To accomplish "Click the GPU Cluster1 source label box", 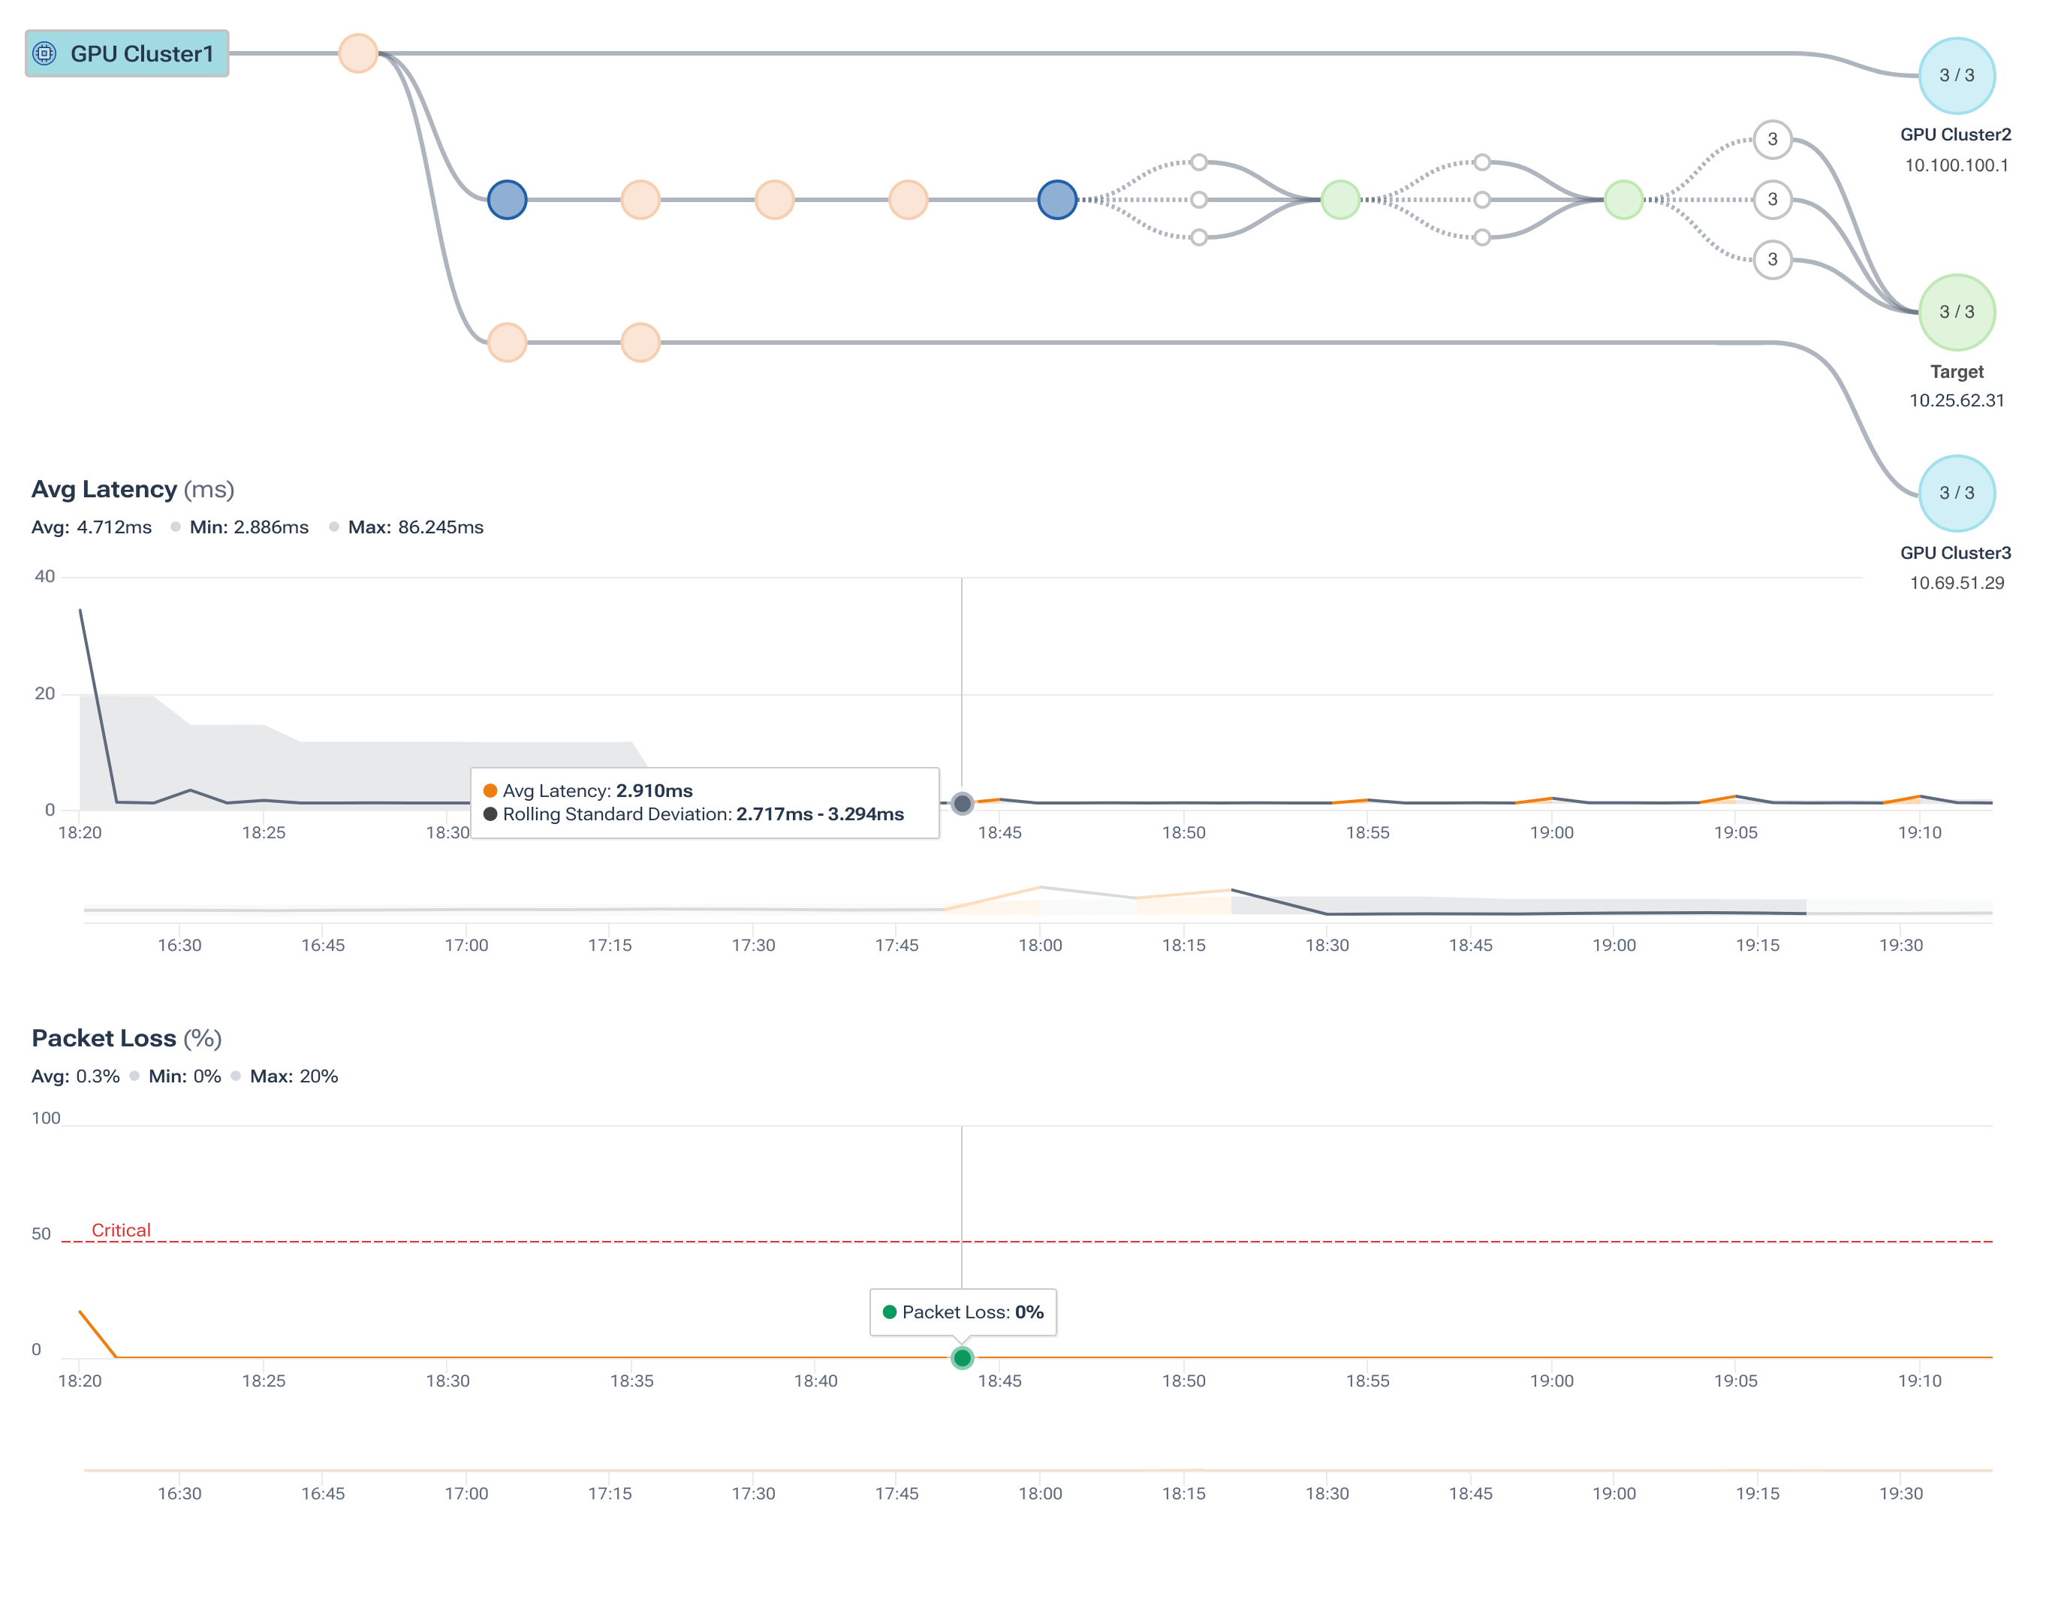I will pyautogui.click(x=127, y=53).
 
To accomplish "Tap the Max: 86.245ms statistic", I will pyautogui.click(x=415, y=527).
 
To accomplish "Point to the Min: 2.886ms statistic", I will pyautogui.click(x=249, y=527).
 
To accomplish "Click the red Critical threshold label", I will pyautogui.click(x=121, y=1230).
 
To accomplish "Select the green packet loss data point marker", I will pyautogui.click(x=962, y=1357).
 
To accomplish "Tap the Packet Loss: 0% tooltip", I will pyautogui.click(x=963, y=1312).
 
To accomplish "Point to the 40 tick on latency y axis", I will pyautogui.click(x=44, y=577).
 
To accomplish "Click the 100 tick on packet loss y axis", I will pyautogui.click(x=45, y=1118).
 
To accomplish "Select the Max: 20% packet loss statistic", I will pyautogui.click(x=293, y=1076).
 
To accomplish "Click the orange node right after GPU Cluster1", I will pyautogui.click(x=358, y=53).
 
